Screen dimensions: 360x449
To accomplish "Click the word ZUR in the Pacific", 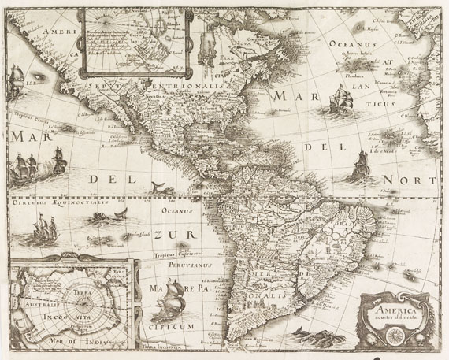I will (x=168, y=234).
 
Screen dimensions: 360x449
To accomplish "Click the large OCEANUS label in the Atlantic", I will (x=353, y=45).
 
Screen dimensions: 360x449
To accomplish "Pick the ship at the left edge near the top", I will (x=14, y=82).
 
